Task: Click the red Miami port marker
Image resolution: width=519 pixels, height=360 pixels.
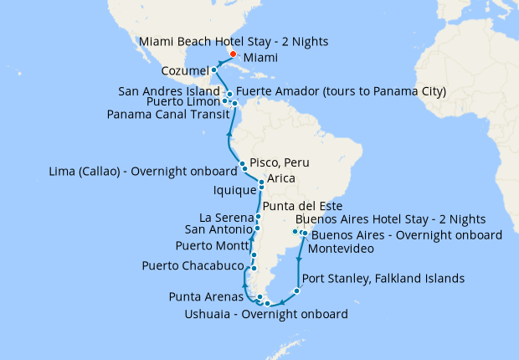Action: coord(233,54)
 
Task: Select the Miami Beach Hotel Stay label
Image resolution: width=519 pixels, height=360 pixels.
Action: coord(234,41)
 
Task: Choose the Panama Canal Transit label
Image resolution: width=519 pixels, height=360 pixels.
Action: coord(164,115)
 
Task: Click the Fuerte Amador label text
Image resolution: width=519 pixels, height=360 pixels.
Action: coord(341,90)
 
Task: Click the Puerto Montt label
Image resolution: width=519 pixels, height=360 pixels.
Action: coord(211,245)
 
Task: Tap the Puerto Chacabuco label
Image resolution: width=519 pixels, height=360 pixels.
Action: coord(191,266)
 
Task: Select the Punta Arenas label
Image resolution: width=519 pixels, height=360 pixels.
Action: coord(207,296)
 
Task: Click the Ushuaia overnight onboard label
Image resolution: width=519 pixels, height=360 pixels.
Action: coord(265,315)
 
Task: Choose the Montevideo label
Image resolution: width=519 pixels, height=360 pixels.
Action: coord(340,249)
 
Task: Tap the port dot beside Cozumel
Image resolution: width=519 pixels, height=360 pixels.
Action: coord(213,69)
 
